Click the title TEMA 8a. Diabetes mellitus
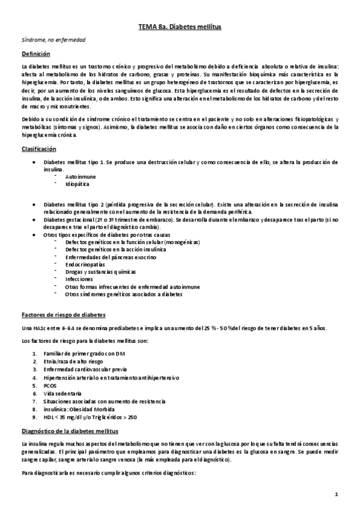point(180,27)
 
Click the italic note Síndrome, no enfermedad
point(53,40)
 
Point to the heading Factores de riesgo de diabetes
point(63,315)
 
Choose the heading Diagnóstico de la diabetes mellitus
point(70,431)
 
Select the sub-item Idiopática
point(78,184)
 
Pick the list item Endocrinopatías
point(85,264)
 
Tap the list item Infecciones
point(79,279)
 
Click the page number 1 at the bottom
point(338,495)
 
